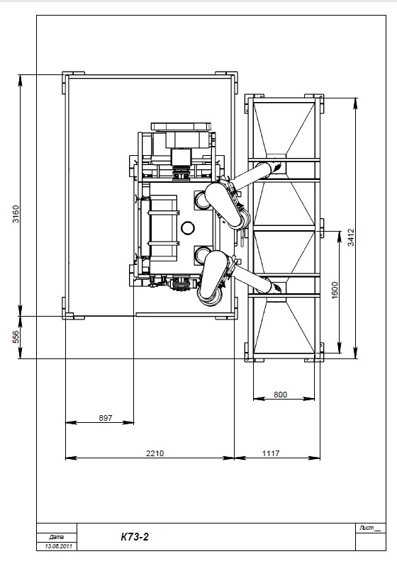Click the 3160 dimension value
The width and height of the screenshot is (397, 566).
point(16,214)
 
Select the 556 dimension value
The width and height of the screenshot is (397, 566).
point(16,337)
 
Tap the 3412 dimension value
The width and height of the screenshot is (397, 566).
point(351,237)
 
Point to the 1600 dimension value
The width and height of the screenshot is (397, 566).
point(335,290)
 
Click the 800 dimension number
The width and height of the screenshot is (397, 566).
point(280,394)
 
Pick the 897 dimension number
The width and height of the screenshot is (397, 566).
point(106,418)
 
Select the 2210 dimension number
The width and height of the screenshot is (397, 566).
point(155,453)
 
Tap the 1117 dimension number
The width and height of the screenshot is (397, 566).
point(271,453)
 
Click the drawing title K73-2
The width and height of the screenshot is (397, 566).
point(135,537)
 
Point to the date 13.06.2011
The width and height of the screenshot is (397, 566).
point(59,546)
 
